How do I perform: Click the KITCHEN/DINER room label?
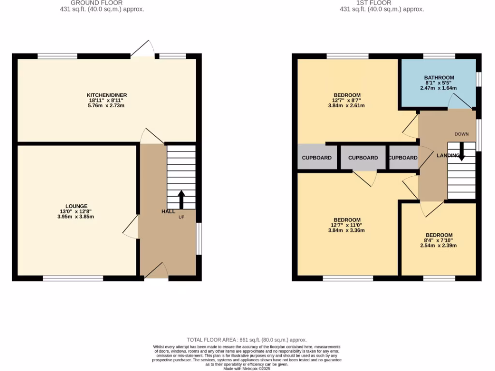pos(106,95)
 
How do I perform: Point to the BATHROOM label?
pos(439,78)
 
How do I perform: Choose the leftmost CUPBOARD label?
pos(317,158)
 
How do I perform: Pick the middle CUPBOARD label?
pos(363,158)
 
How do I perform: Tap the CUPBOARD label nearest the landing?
pos(403,158)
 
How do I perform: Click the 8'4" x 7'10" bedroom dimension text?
pos(439,241)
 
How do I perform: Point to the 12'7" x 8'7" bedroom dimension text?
pos(347,100)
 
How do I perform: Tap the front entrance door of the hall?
pos(156,271)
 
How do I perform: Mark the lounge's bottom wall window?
pos(73,278)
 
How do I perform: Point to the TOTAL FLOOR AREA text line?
pos(247,340)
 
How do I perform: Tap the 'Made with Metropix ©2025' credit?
pos(247,368)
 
